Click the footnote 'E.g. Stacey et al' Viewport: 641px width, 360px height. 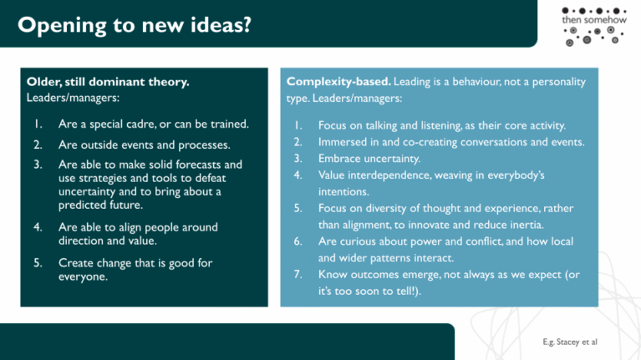pos(569,342)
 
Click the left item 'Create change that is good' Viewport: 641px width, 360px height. pos(125,262)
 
